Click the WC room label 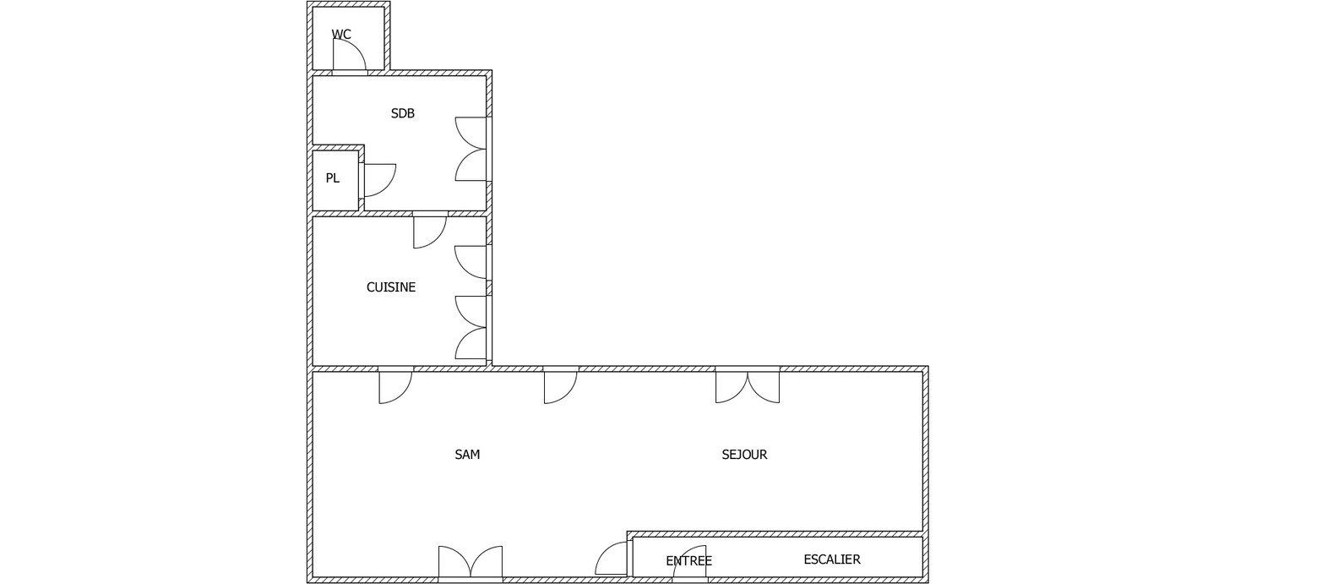pos(341,35)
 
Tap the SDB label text pos(403,113)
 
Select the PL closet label pos(333,178)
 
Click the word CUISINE pos(391,287)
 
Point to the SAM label pos(467,455)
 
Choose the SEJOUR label pos(744,455)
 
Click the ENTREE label pos(688,561)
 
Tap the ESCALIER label pos(832,559)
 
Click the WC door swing pos(348,56)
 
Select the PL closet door pos(378,180)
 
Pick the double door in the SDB pos(471,149)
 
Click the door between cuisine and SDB pos(429,232)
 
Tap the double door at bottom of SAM pos(470,563)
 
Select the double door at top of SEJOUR pos(748,386)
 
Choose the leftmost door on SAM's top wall pos(394,386)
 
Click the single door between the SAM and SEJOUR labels pos(560,386)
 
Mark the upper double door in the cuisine pos(471,262)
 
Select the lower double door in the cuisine pos(471,328)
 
